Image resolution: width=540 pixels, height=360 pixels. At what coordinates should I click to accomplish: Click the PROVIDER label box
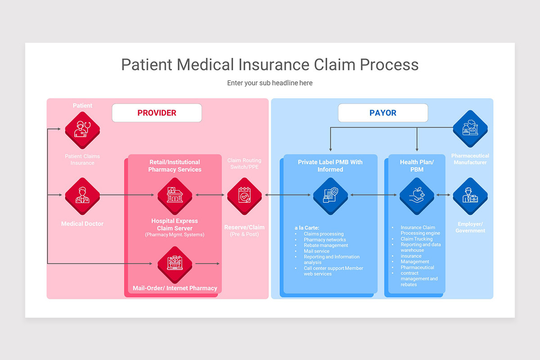pos(157,113)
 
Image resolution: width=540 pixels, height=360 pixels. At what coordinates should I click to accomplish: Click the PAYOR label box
pos(383,113)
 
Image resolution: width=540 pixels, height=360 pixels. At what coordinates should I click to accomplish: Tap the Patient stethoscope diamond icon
pos(82,130)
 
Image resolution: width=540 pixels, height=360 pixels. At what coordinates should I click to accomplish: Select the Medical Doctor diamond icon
pos(82,195)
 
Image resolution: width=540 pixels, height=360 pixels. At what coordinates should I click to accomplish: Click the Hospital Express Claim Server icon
pos(175,195)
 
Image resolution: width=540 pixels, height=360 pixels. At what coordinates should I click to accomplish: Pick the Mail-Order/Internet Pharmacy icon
pos(175,264)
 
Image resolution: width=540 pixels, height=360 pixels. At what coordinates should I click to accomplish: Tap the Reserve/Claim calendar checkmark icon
pos(244,195)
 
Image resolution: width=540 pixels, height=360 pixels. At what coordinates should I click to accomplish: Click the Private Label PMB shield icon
pos(331,195)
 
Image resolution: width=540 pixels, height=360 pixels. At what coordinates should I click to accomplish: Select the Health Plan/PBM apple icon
pos(417,195)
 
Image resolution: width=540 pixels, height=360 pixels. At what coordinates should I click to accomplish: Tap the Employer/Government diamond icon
pos(470,195)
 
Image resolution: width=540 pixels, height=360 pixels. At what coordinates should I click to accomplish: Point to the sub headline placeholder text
pos(270,83)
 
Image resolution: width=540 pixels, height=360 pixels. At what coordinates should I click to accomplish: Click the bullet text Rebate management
pos(326,245)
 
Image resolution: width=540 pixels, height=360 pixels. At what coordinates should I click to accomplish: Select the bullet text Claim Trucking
pos(416,239)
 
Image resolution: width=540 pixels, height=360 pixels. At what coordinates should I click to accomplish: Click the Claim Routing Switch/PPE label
pos(244,164)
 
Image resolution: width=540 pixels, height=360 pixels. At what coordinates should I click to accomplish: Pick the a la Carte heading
pos(307,228)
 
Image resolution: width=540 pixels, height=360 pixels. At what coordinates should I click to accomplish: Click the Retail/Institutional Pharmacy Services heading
pos(175,166)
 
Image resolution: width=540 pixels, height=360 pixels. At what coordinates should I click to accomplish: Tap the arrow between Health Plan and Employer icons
pos(443,195)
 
